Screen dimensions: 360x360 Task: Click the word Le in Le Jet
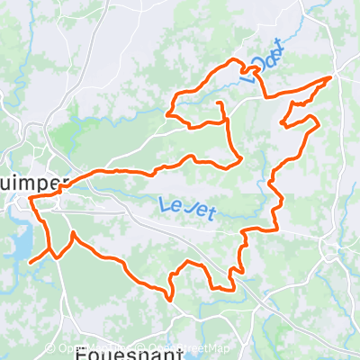point(168,205)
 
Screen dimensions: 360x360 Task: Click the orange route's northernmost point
point(236,59)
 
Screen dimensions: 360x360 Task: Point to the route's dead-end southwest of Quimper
point(31,262)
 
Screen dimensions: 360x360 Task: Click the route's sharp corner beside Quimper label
point(31,199)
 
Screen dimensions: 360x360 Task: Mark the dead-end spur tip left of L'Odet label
point(219,104)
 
